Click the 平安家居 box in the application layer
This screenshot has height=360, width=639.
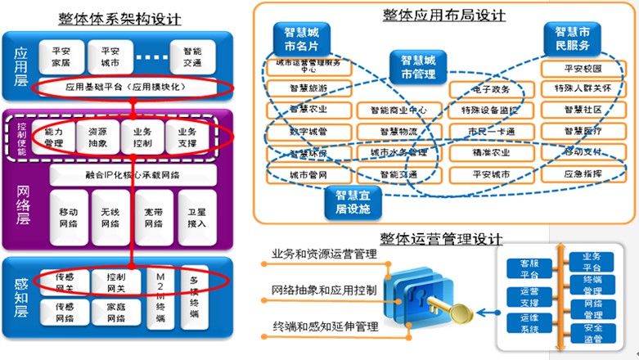click(61, 55)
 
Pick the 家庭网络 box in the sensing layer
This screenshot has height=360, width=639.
click(110, 313)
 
